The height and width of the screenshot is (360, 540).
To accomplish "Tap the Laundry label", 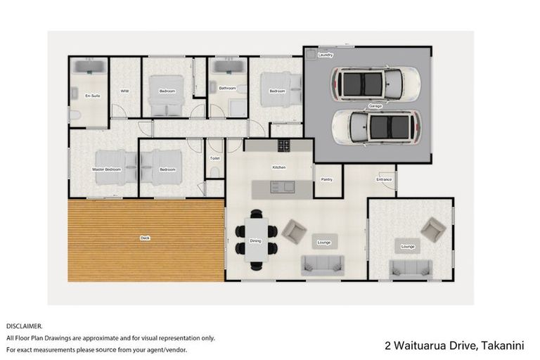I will (x=325, y=55).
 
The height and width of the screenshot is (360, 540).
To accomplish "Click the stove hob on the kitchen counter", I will (x=283, y=146).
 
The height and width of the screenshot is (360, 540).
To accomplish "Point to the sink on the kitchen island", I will (x=288, y=187).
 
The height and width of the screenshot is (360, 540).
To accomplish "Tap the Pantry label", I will (x=326, y=179).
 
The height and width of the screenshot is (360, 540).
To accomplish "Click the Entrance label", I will (x=384, y=179).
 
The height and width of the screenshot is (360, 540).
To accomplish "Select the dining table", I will (x=255, y=240).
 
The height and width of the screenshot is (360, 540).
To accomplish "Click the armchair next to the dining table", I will (x=292, y=231).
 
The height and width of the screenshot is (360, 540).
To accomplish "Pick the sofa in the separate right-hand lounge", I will (x=411, y=268).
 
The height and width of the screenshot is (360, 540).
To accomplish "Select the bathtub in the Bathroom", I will (x=227, y=67).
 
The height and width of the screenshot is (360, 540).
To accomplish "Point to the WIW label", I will (x=124, y=91).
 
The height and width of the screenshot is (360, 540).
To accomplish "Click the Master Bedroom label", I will (x=106, y=169).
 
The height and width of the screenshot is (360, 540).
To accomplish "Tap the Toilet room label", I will (x=215, y=159).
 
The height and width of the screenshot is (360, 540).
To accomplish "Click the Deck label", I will (x=145, y=238).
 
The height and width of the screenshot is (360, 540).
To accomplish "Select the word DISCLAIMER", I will (x=24, y=326).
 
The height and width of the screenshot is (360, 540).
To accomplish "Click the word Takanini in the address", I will (x=508, y=345).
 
